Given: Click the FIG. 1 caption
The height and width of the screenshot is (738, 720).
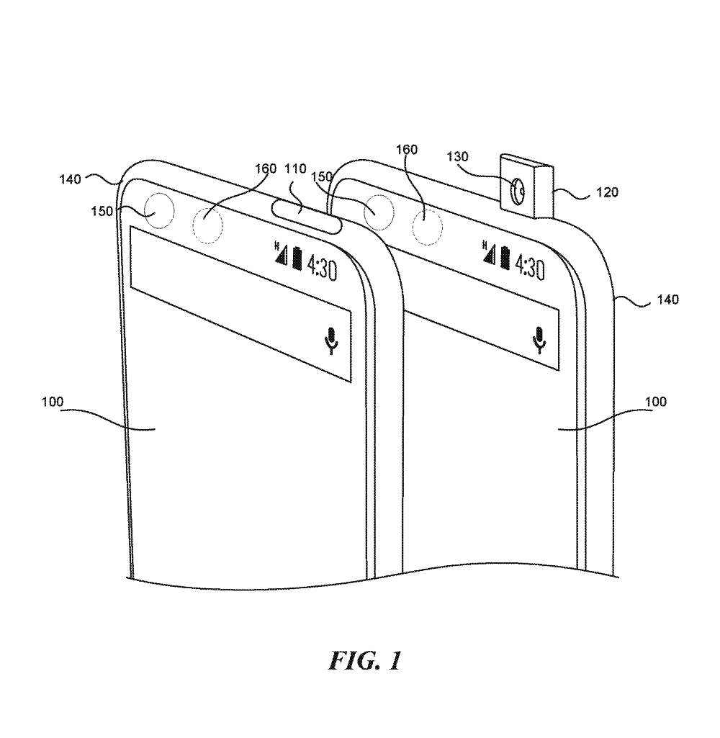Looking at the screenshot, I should (x=366, y=660).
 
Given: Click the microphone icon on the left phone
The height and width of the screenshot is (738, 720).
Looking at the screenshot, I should (x=331, y=341).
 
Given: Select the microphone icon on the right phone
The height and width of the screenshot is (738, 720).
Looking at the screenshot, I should (x=539, y=339).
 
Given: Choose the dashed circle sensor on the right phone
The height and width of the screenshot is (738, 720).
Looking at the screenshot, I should (x=427, y=224).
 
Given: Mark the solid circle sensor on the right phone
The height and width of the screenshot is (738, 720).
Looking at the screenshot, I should (x=379, y=211).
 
